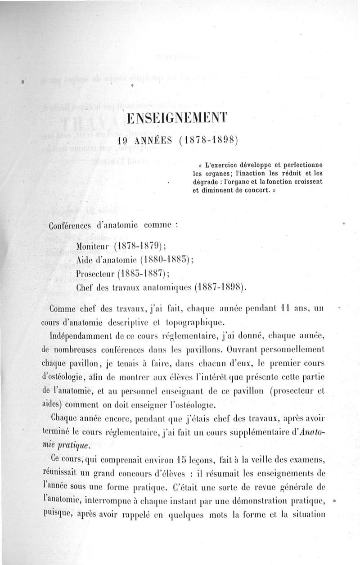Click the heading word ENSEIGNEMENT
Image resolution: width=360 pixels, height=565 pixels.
[177, 119]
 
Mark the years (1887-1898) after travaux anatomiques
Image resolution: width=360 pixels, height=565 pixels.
[219, 287]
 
